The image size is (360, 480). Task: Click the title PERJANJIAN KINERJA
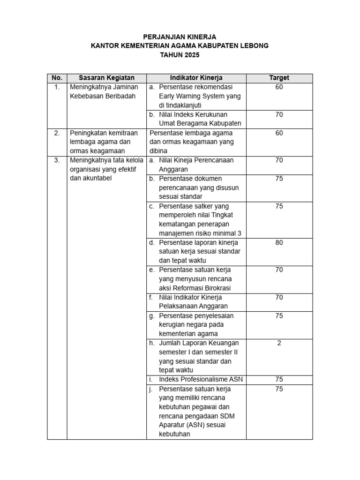tap(180, 37)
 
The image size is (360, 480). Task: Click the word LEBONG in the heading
tap(253, 45)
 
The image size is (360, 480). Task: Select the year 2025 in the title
tap(191, 55)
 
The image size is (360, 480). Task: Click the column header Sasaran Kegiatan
tap(106, 78)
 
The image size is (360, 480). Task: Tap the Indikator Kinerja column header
tap(196, 78)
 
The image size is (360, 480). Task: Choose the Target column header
tap(279, 78)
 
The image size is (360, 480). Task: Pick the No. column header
tap(57, 78)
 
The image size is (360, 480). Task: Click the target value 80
tap(279, 243)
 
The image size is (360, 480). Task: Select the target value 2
tap(279, 343)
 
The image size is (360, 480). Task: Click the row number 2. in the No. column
tap(57, 133)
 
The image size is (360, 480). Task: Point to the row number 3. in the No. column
tap(57, 160)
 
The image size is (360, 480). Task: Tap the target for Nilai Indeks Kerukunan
tap(279, 114)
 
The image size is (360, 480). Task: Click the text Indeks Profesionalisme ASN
tap(201, 379)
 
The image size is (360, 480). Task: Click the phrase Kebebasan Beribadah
tap(102, 96)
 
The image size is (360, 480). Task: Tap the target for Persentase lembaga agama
tap(279, 133)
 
